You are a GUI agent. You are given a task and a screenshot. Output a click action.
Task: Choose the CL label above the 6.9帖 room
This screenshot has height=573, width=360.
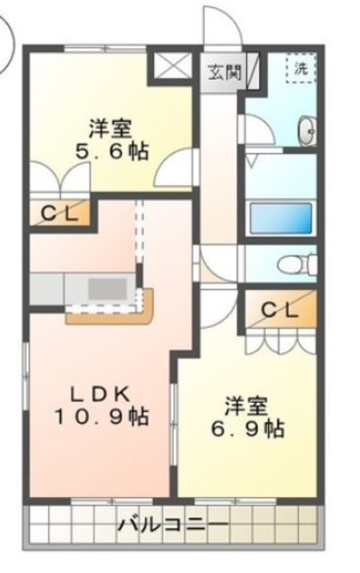(281, 310)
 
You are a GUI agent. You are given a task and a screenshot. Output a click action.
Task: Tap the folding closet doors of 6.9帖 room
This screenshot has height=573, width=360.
(279, 341)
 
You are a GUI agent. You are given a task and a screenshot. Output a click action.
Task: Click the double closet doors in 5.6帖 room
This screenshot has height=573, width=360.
(59, 179)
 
